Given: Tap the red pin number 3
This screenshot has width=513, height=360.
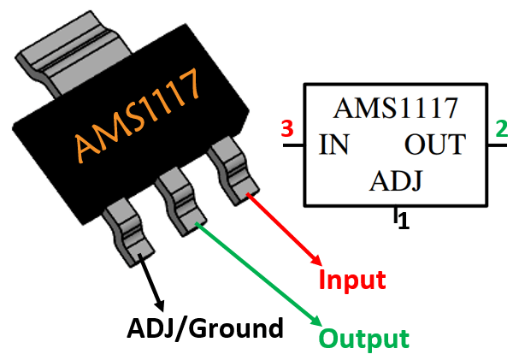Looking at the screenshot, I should coord(287,130).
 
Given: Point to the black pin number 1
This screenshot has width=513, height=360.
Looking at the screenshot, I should coord(404,221).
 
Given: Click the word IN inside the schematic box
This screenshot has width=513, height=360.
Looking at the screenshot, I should coord(332,145).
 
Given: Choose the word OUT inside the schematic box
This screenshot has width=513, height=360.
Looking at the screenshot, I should coord(435,145).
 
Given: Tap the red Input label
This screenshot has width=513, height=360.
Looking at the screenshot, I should coord(352,280).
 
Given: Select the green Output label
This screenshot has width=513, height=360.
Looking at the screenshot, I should coord(364,339).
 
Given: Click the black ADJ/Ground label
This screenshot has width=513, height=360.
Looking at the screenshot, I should coord(204,328).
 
